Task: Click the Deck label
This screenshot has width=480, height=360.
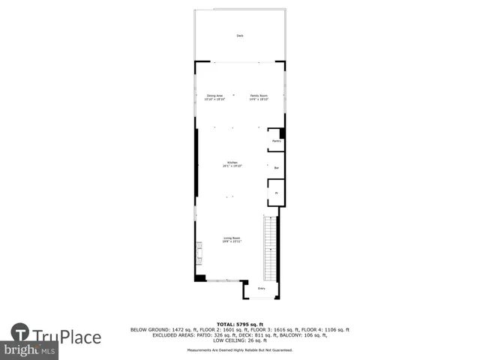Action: click(x=240, y=35)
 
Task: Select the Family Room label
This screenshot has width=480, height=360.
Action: click(x=259, y=95)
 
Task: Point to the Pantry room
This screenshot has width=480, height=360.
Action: click(x=276, y=141)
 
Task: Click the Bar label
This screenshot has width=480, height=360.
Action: click(x=276, y=168)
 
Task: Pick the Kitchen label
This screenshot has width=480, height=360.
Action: click(x=232, y=163)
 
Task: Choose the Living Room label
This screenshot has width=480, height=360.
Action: click(x=231, y=238)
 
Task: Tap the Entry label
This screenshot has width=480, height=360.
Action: click(x=262, y=289)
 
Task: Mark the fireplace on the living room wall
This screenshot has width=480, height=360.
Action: click(x=199, y=253)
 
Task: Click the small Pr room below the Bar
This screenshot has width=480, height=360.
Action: click(x=275, y=193)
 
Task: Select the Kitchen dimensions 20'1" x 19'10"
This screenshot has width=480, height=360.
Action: click(x=232, y=166)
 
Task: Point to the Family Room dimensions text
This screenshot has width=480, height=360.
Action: click(x=259, y=99)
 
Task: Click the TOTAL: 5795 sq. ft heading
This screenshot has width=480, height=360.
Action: click(x=240, y=324)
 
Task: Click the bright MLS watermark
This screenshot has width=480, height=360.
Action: click(x=30, y=350)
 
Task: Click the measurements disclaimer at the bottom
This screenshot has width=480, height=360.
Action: click(x=240, y=349)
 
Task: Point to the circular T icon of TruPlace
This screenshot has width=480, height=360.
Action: click(x=20, y=334)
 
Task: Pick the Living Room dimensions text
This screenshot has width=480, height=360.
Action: click(x=231, y=242)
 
